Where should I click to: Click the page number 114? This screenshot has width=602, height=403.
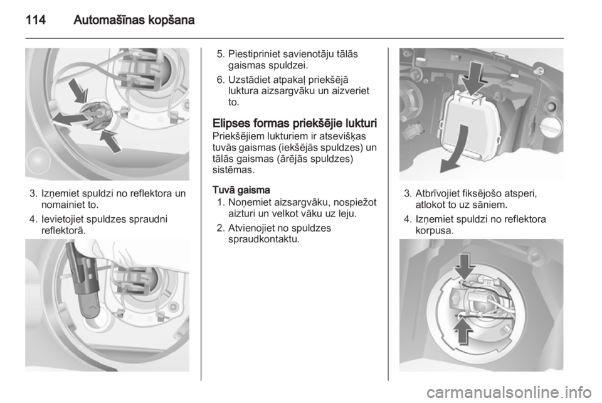coord(36,19)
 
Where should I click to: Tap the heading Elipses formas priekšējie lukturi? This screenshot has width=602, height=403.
coord(295,124)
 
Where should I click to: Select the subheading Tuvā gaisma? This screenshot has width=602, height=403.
coord(241,190)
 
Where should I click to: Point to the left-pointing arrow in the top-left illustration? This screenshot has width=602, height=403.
coord(69,119)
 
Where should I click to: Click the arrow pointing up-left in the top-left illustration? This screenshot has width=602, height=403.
coord(110,141)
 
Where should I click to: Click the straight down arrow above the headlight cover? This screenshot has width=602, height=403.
coord(475,78)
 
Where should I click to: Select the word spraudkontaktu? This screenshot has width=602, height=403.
coord(264,239)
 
